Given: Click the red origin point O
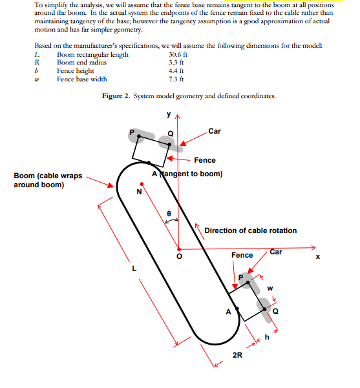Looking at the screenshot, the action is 179,249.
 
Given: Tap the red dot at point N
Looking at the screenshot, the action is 142,184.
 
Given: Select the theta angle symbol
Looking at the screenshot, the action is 169,213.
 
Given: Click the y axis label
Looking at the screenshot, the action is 169,114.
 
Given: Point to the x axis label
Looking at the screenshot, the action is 318,256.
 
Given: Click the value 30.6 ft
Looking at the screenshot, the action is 178,54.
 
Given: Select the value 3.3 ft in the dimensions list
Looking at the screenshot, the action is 176,63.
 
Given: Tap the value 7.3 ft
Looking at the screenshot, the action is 176,79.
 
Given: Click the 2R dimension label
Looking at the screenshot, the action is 237,355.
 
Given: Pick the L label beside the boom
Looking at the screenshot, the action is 134,269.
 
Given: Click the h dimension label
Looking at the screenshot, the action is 267,337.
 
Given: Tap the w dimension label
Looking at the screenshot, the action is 270,289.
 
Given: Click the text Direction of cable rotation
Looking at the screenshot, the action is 251,230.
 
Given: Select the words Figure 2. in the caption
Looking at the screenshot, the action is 116,96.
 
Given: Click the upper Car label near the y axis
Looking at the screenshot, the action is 215,131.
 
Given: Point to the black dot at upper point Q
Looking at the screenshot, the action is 169,145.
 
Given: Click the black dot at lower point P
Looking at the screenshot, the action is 248,282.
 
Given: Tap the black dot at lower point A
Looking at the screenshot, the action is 237,309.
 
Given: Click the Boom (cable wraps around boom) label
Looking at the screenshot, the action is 48,180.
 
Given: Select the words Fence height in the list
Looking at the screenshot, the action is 76,71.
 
